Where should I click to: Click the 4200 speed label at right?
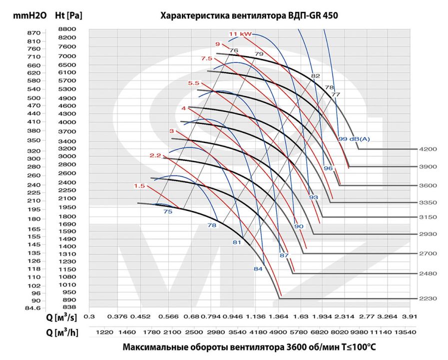pyautogui.click(x=428, y=149)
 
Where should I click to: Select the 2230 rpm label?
pyautogui.click(x=428, y=298)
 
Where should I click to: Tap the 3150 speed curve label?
pyautogui.click(x=428, y=217)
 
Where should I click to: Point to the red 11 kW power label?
pyautogui.click(x=240, y=34)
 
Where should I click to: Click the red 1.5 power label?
pyautogui.click(x=139, y=186)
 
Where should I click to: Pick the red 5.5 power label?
pyautogui.click(x=193, y=83)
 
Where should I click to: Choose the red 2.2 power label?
pyautogui.click(x=155, y=155)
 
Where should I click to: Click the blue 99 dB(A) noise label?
pyautogui.click(x=354, y=139)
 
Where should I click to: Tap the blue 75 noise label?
pyautogui.click(x=168, y=211)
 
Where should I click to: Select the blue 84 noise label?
pyautogui.click(x=258, y=269)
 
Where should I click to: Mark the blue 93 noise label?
pyautogui.click(x=314, y=197)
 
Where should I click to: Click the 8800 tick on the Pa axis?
pyautogui.click(x=67, y=29)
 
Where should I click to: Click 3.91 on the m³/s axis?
pyautogui.click(x=410, y=316)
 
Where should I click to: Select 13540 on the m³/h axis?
pyautogui.click(x=405, y=332)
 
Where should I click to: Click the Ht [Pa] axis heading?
pyautogui.click(x=68, y=15)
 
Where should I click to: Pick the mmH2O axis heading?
pyautogui.click(x=29, y=15)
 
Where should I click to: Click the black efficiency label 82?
pyautogui.click(x=316, y=76)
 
